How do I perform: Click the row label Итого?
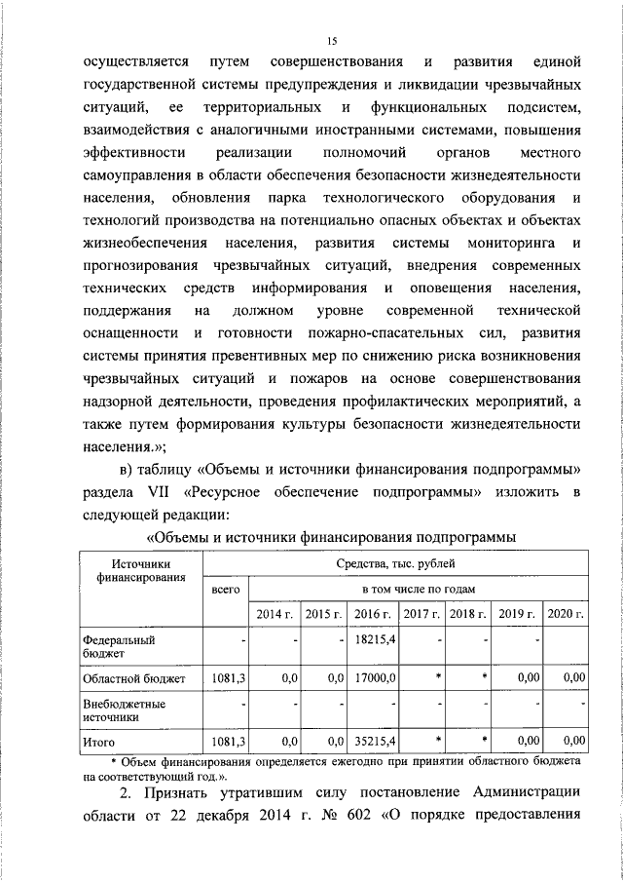tap(99, 742)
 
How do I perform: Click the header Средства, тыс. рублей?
tap(394, 563)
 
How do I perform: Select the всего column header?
tap(225, 590)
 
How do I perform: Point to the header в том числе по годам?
tap(418, 590)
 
